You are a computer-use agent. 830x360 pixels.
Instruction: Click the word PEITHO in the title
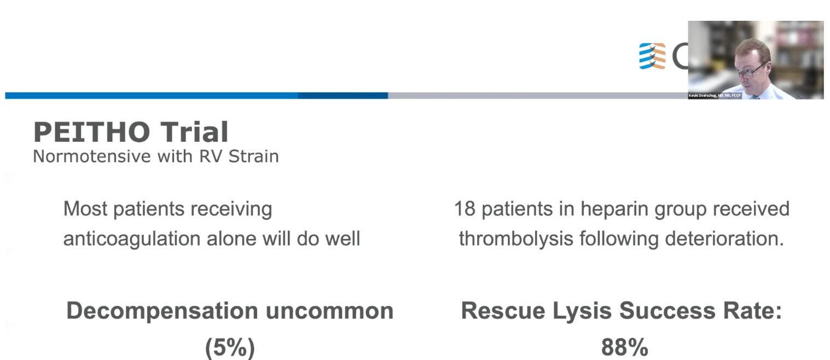[x=92, y=132]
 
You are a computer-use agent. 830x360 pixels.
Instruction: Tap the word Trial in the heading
[x=195, y=132]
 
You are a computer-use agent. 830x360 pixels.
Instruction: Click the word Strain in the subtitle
[x=253, y=156]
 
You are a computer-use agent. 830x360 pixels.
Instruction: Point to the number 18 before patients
[x=465, y=209]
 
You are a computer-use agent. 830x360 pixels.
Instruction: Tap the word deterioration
[x=724, y=239]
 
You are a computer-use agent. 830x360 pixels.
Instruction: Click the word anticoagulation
[x=132, y=239]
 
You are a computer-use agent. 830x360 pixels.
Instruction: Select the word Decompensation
[x=162, y=311]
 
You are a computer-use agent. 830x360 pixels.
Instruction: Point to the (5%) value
[x=230, y=347]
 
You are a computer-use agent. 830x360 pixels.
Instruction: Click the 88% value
[x=625, y=347]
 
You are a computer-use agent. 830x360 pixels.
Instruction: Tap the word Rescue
[x=503, y=310]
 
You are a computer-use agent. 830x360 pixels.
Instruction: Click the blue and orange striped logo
[x=652, y=56]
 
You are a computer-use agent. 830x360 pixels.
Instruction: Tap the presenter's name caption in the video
[x=715, y=96]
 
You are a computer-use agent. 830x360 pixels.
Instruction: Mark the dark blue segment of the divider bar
[x=343, y=96]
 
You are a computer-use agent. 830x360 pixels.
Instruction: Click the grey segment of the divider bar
[x=538, y=96]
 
